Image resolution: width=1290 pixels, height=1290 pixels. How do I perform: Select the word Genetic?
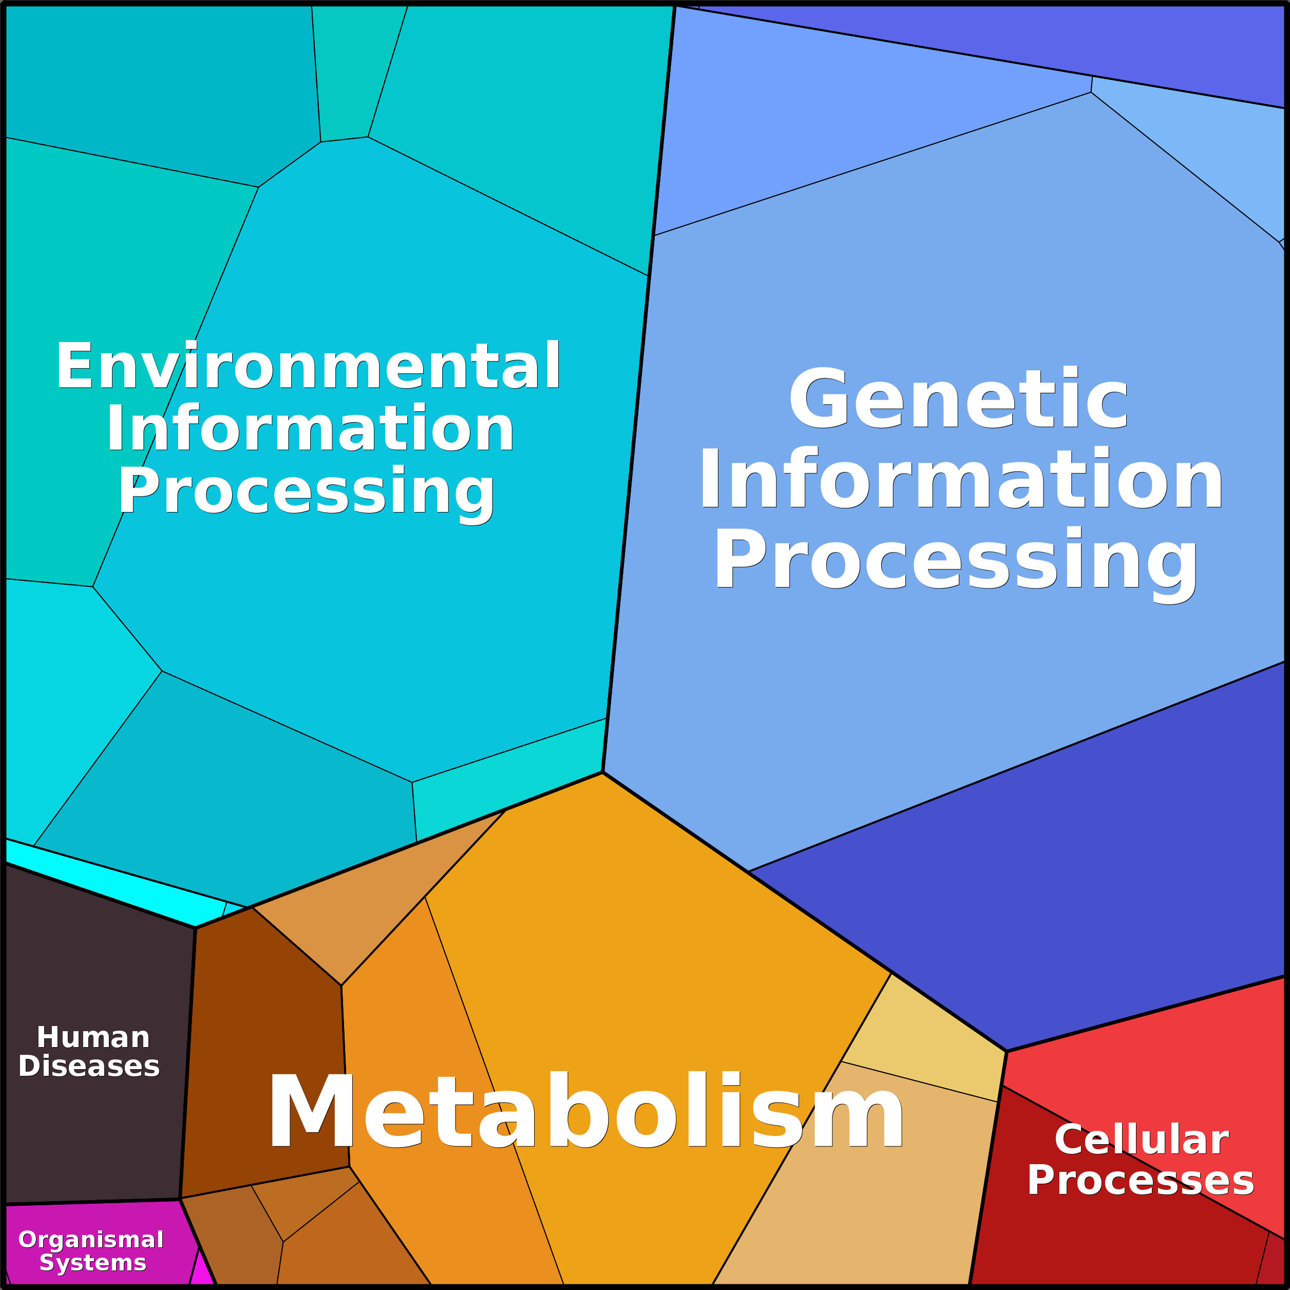point(958,399)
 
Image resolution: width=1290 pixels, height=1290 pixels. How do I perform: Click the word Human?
point(93,1037)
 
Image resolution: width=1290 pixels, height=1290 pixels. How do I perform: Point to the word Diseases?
point(89,1066)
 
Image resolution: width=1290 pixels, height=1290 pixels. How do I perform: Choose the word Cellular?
point(1141,1139)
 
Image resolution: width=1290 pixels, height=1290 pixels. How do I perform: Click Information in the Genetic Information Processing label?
point(960,480)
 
